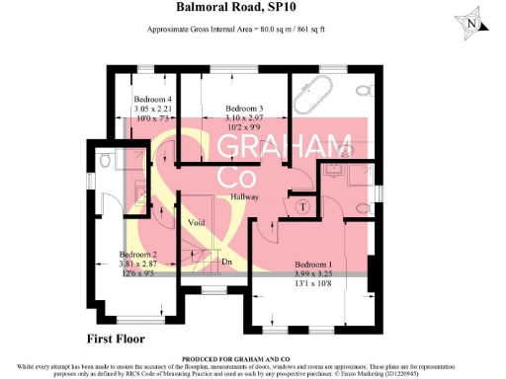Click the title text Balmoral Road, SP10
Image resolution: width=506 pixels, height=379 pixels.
252,9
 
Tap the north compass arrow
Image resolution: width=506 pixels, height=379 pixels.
473,22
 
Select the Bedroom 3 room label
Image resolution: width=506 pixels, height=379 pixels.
244,108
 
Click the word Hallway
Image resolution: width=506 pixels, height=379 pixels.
245,197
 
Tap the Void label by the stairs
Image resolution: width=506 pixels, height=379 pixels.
197,223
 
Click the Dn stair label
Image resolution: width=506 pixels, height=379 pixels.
225,262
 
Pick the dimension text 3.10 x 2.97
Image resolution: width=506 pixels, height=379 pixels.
244,117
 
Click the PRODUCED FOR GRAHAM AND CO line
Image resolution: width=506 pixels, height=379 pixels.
252,357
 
